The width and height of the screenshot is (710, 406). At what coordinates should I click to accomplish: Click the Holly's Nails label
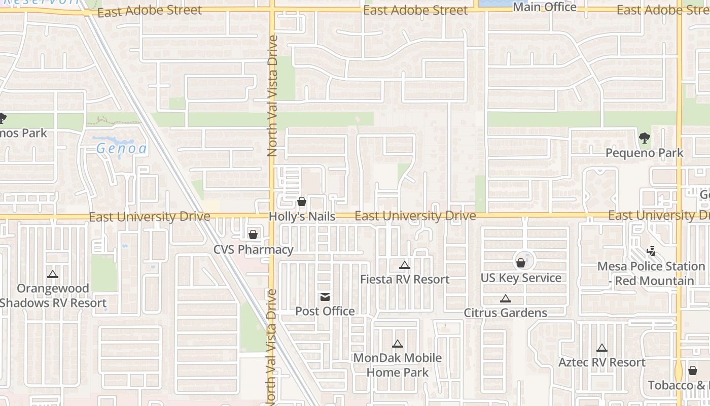coord(302,217)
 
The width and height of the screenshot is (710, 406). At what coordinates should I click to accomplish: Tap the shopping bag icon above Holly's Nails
coord(302,202)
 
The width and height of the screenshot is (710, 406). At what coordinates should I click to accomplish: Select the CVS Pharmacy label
coord(253,250)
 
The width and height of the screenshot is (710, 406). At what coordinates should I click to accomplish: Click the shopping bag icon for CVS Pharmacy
coord(253,234)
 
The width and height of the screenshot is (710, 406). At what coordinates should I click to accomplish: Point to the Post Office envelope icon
coord(325,297)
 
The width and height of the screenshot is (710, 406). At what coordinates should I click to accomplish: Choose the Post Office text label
coord(325,311)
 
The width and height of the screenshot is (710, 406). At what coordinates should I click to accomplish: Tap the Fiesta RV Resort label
coord(404,280)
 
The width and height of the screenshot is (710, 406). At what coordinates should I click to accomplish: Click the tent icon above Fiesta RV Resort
coord(404,265)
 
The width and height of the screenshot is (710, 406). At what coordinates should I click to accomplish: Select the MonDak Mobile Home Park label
coord(397,365)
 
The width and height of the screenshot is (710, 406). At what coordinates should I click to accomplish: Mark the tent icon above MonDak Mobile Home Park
coord(398,344)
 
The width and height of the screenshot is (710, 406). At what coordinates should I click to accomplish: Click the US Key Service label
coord(521,278)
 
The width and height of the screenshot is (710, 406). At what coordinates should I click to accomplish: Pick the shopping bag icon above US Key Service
coord(520,263)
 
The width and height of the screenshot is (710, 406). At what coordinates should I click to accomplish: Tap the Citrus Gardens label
coord(505,313)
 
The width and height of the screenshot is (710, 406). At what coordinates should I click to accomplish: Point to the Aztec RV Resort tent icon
coord(602,348)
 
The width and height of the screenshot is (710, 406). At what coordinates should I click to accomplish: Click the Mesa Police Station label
coord(651,274)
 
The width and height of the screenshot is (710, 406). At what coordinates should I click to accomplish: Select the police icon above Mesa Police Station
coord(651,251)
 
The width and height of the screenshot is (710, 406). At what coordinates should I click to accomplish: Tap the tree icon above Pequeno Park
coord(645,138)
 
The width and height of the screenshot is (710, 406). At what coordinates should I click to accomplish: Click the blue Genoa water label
coord(122,149)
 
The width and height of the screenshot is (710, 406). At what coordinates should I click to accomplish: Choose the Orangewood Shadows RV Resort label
coord(53,296)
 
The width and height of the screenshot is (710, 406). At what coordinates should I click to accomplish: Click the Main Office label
coord(545,7)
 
